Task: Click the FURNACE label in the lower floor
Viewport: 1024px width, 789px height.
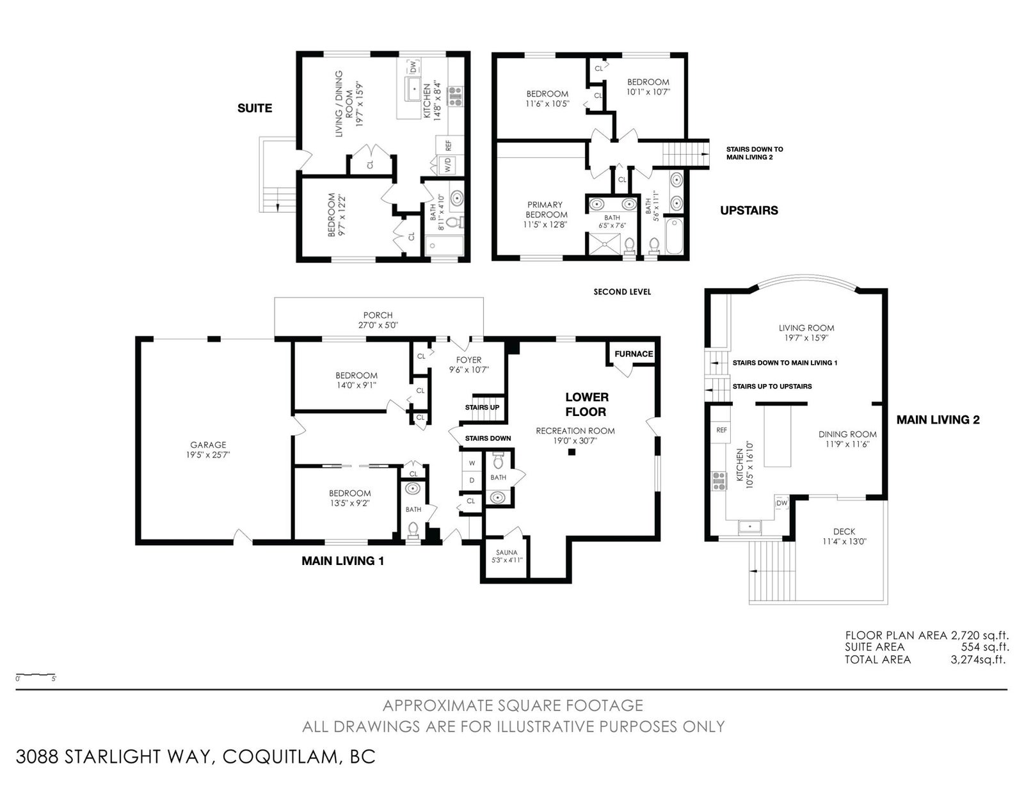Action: [634, 354]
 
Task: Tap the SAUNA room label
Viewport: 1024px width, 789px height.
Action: [507, 552]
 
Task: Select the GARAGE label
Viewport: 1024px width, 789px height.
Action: [208, 445]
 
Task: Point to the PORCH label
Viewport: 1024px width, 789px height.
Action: [378, 315]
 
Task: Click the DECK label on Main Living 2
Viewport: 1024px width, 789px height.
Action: [844, 531]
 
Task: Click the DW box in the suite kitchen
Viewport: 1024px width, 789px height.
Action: [413, 67]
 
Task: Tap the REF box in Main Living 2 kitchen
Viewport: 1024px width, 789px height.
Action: [721, 430]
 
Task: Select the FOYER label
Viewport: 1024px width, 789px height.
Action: [468, 360]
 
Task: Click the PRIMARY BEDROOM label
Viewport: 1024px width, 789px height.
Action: [546, 210]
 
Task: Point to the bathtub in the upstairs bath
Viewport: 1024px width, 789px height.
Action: [675, 235]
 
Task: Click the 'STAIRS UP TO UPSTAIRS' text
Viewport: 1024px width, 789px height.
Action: [772, 387]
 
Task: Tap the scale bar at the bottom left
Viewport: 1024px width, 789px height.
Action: [36, 675]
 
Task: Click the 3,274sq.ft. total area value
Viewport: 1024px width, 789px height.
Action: [979, 660]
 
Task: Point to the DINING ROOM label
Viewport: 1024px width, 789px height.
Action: [847, 434]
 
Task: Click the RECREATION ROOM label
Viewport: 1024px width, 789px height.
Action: [575, 431]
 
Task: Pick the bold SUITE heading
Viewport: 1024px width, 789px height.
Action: [255, 108]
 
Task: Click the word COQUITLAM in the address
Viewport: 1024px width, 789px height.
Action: [280, 757]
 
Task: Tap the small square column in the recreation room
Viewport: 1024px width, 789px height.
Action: [572, 452]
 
